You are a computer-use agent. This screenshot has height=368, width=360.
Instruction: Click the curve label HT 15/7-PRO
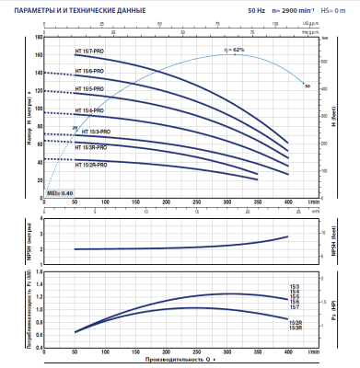click(88, 56)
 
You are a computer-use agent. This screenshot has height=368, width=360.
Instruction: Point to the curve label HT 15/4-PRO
click(88, 110)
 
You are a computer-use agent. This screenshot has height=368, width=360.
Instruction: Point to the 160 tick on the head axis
click(37, 55)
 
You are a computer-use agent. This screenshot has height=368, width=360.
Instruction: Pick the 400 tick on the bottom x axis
click(289, 351)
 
